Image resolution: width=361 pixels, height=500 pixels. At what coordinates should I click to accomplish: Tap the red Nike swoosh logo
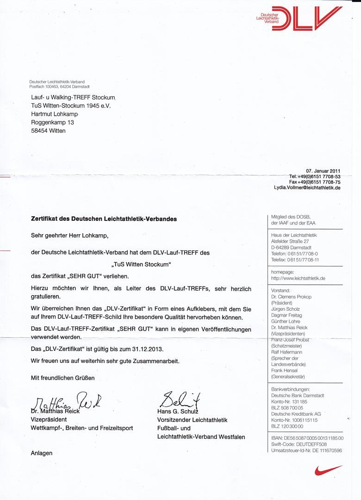coord(329,470)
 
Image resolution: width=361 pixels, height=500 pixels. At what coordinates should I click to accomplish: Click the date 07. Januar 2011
coord(323,170)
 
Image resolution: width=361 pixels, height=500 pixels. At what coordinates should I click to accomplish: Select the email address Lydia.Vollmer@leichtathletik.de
coord(307,188)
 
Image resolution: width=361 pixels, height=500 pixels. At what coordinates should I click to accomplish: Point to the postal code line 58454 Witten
coord(48,131)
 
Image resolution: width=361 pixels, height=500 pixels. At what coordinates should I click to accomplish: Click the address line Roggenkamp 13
coord(52,123)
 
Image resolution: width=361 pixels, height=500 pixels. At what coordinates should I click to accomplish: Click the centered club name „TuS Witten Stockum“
coord(142,264)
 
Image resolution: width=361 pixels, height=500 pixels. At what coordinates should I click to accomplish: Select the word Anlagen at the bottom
coord(42,453)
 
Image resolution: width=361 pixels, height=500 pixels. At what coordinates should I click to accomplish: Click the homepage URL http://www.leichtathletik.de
coord(298,278)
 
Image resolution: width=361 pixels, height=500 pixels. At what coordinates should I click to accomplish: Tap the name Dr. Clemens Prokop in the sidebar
coord(291,297)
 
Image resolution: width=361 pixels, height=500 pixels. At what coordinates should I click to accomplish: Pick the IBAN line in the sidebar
coord(307,437)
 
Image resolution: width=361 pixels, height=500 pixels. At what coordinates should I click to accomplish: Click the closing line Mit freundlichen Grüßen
coord(62,378)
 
